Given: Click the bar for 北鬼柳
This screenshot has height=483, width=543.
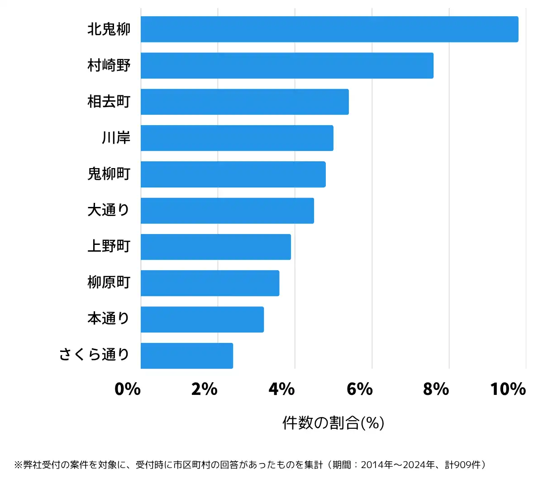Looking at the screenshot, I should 329,29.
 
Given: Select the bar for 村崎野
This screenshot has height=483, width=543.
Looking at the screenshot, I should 287,66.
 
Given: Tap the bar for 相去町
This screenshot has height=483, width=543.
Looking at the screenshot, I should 244,102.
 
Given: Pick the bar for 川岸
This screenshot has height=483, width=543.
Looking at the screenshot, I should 237,138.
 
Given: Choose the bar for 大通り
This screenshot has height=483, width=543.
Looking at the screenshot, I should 227,211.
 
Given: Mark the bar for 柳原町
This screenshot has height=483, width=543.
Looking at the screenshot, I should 210,283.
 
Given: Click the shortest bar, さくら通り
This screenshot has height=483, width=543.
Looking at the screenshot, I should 187,356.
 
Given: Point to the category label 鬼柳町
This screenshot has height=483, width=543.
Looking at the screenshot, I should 109,174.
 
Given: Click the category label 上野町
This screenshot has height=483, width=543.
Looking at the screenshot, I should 109,246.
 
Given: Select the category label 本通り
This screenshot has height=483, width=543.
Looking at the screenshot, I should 109,319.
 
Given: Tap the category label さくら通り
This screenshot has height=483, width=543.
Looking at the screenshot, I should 94,355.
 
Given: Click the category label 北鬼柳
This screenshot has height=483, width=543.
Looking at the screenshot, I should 109,29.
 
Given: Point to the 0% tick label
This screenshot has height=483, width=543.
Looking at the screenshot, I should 128,389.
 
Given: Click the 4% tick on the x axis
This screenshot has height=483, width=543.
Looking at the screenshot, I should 281,389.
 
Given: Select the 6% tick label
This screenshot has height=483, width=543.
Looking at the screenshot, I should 359,389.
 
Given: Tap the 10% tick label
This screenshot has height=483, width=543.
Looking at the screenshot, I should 508,389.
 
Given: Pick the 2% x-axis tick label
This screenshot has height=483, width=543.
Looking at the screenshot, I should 205,389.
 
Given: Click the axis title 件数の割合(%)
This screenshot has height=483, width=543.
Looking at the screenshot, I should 333,423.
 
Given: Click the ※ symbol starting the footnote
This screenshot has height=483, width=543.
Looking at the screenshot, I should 18,465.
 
